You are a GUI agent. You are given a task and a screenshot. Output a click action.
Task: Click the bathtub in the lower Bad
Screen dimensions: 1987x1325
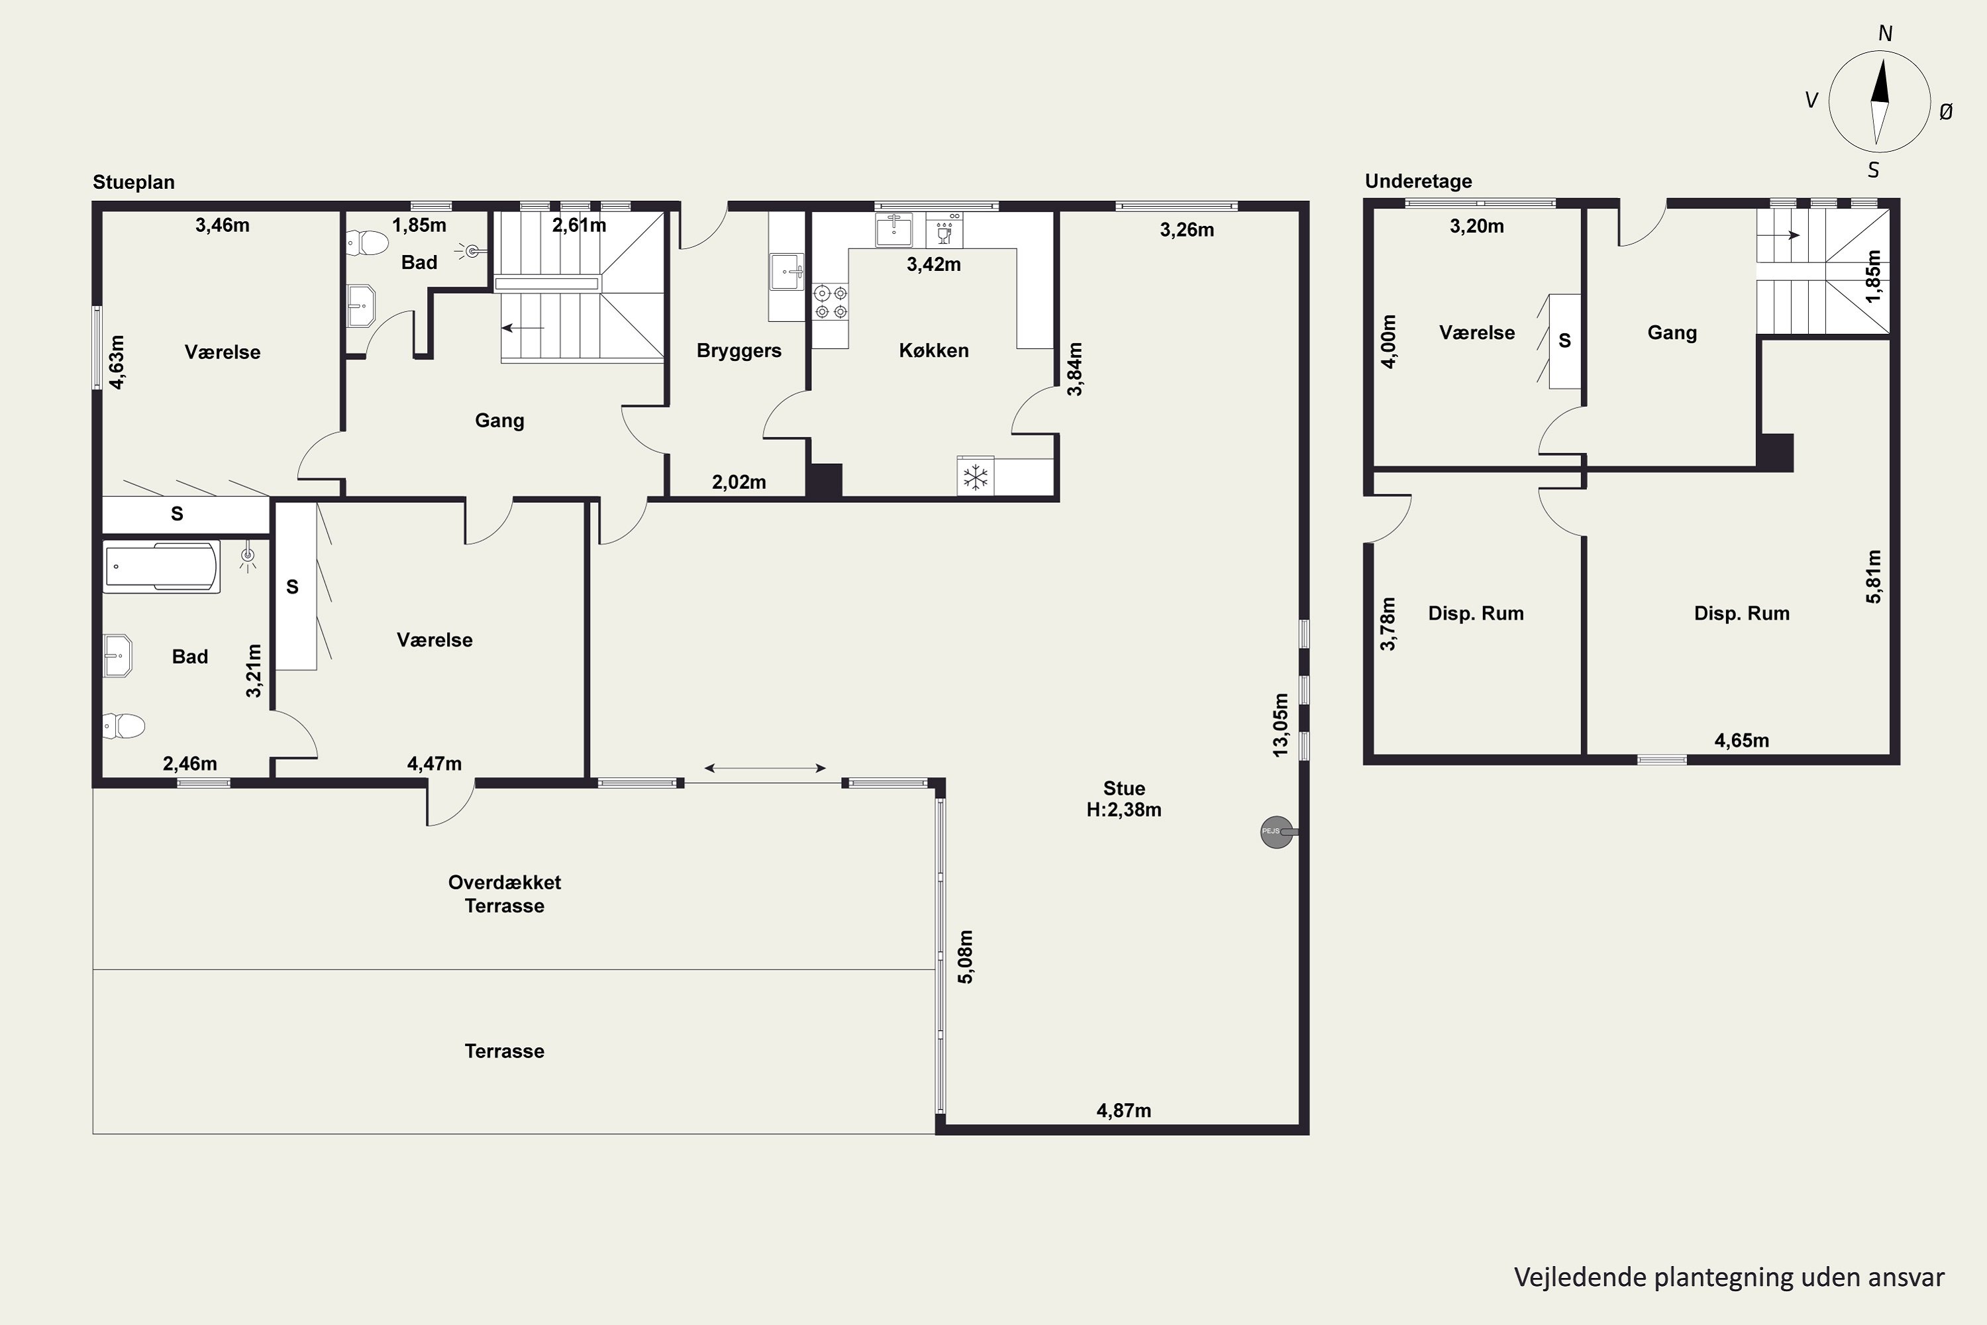(162, 566)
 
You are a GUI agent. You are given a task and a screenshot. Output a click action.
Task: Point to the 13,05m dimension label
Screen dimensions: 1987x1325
(1281, 725)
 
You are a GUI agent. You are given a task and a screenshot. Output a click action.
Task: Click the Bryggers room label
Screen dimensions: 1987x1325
(739, 350)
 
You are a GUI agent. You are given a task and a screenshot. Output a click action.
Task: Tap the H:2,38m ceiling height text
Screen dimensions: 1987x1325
(1123, 810)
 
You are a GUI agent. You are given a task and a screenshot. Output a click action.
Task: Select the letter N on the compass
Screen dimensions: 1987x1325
(1885, 33)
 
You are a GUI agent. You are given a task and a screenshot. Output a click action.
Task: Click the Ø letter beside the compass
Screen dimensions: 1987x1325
(1946, 111)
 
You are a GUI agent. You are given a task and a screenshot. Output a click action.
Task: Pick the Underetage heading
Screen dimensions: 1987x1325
(1419, 181)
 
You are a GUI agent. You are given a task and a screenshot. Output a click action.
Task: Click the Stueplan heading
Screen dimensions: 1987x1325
(134, 182)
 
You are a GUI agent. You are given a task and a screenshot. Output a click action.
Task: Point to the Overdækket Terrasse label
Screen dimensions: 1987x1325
(504, 894)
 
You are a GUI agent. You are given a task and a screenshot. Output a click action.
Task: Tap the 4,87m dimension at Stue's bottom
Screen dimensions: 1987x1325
(1123, 1110)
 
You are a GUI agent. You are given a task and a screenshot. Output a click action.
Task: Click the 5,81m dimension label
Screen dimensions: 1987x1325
(1874, 576)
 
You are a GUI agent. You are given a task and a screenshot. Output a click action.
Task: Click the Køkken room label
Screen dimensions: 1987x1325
(933, 350)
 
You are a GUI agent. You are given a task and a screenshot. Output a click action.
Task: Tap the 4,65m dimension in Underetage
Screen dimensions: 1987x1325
(1741, 740)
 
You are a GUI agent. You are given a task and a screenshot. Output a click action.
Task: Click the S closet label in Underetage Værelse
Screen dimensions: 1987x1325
(1564, 341)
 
